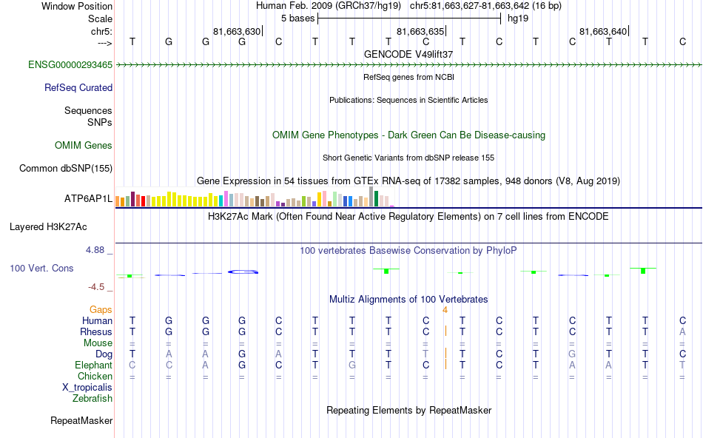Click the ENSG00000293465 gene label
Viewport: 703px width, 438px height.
[70, 65]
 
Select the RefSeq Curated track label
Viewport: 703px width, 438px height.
[78, 87]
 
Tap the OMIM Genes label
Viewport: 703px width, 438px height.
[84, 146]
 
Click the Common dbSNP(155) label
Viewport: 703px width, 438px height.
[66, 169]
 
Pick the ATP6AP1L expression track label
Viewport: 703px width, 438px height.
[88, 199]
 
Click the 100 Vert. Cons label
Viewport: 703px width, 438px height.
[41, 268]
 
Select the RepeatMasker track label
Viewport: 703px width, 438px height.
[81, 421]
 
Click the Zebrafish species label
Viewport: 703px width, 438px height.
[92, 399]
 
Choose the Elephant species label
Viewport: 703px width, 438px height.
[93, 365]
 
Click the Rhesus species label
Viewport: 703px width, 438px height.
[96, 332]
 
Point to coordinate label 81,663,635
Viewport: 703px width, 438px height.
[420, 32]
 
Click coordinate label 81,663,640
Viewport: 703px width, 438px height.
[603, 32]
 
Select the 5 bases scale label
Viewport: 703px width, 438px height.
[297, 18]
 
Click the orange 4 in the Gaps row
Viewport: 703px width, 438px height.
[445, 310]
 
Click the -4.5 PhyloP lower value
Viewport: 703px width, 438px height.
[97, 287]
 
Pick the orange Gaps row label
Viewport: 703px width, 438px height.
[101, 310]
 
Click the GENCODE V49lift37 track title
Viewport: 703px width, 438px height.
[408, 54]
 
